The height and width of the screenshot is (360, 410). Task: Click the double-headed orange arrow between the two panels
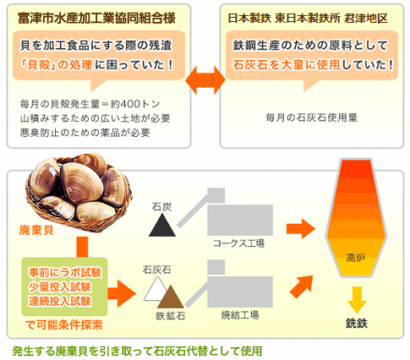point(205,80)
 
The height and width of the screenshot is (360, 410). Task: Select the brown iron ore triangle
point(171,298)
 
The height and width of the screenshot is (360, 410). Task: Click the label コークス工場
point(238,243)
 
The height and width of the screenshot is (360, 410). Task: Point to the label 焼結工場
point(240,315)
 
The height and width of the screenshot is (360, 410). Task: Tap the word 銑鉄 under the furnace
point(357,324)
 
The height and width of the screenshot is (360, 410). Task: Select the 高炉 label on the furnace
point(356,258)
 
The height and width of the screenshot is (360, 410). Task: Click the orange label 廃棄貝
point(36,230)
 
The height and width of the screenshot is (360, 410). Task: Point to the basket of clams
point(79,193)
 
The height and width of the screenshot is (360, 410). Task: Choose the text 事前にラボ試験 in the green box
point(64,273)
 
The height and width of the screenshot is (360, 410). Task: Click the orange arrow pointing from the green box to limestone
point(122,294)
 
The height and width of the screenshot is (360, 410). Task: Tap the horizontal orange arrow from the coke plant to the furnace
point(301,229)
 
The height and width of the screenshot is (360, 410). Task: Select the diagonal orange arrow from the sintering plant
point(302,286)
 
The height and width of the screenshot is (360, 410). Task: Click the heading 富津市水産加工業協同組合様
point(96,19)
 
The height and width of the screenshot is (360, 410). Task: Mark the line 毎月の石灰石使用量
point(311,117)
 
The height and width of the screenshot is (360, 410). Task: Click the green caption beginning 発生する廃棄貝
point(137,352)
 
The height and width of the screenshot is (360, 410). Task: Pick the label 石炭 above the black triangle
point(161,207)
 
